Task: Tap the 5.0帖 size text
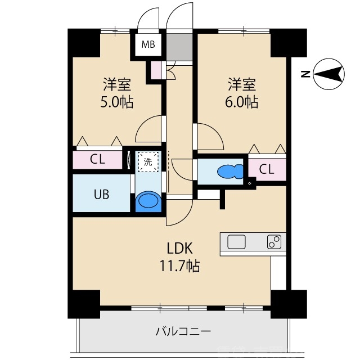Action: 117,102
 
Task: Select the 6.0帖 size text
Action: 242,102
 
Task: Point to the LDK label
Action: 179,247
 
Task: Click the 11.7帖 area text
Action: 179,265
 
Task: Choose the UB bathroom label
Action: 101,194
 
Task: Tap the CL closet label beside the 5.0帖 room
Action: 97,159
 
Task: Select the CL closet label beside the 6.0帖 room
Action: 267,169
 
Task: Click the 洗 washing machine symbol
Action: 148,162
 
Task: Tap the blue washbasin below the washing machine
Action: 148,201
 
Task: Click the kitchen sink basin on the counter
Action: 236,242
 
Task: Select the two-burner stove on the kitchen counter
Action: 274,242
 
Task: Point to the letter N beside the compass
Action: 304,74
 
